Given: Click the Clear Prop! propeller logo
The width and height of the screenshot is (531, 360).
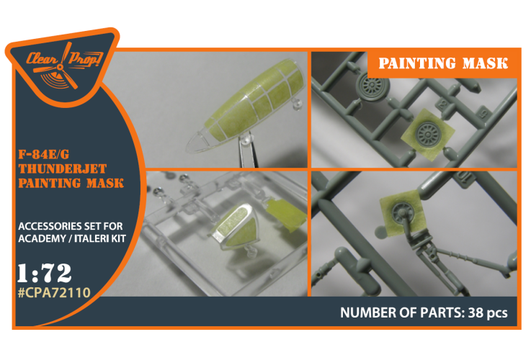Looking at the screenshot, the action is click(x=63, y=66).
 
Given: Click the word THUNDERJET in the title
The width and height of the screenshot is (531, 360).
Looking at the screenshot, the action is click(x=63, y=168).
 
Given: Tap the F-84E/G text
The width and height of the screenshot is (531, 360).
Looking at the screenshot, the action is click(x=44, y=154).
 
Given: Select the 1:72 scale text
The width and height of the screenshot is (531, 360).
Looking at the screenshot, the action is click(x=45, y=273).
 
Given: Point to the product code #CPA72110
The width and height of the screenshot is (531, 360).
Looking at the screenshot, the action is click(x=54, y=292).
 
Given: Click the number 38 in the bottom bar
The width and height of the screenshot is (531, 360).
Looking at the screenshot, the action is click(x=476, y=312).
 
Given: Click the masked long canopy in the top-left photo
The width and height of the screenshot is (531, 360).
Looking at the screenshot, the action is click(x=245, y=107).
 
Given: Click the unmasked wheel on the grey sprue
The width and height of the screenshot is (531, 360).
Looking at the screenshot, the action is click(x=372, y=86).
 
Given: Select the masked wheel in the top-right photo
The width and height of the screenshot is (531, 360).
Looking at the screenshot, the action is click(x=428, y=134).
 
